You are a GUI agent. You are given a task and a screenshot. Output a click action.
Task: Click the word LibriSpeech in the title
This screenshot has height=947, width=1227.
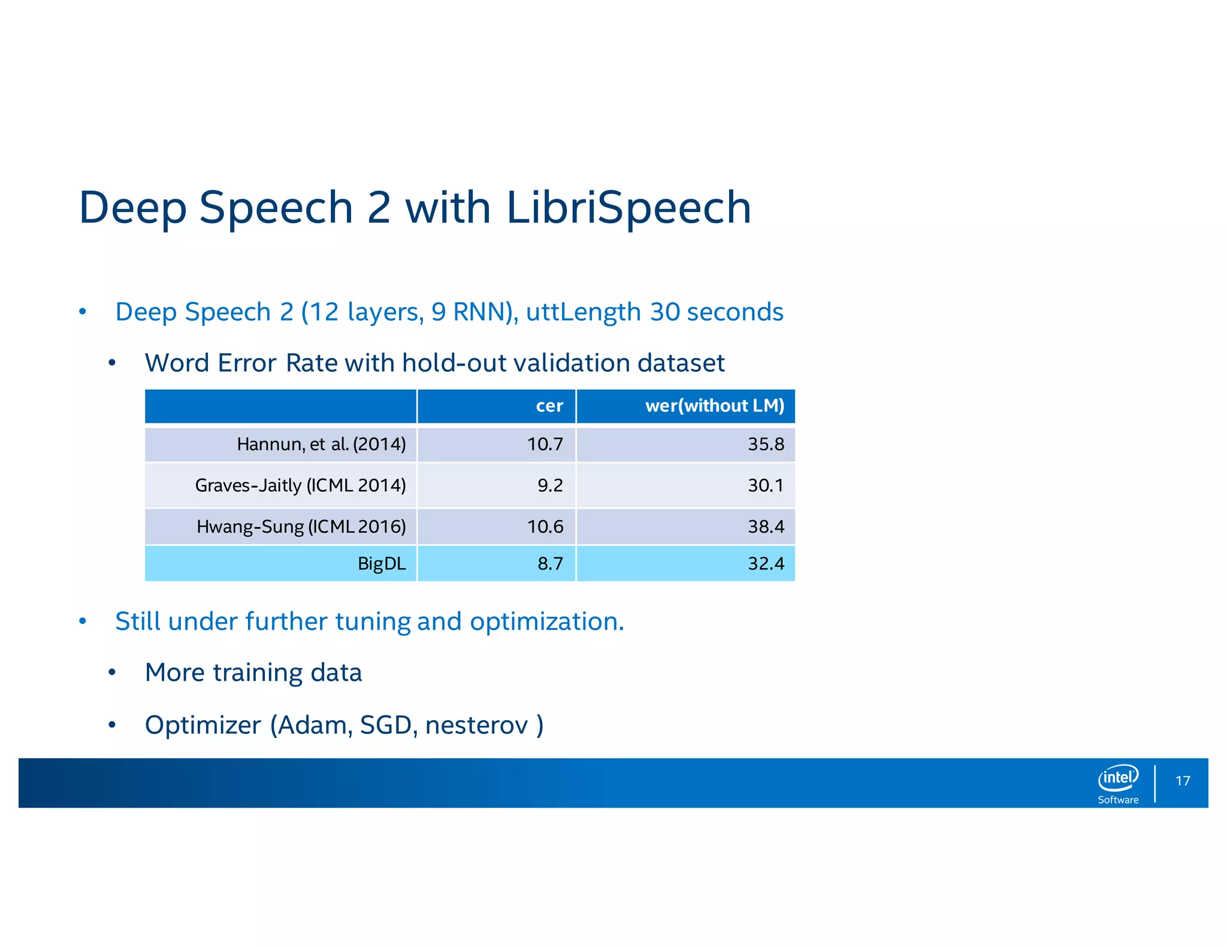628,208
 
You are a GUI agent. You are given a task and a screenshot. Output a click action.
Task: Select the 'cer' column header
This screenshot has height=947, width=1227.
549,406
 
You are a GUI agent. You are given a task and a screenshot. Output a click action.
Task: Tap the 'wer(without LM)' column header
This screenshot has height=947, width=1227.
714,406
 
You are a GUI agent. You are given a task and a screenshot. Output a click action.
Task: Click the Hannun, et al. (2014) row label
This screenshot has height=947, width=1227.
321,444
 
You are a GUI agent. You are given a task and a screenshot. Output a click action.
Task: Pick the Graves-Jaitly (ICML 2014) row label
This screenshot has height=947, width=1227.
300,485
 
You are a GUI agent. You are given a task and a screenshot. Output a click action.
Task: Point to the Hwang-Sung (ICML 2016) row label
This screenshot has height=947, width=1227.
301,527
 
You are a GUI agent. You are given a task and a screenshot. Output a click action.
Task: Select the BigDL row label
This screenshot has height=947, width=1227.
381,563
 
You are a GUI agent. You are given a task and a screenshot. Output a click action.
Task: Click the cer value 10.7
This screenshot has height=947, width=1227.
545,444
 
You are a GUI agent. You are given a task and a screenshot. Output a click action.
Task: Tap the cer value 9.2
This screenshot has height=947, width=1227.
550,485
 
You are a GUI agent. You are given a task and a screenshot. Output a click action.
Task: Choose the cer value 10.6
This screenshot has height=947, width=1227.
545,527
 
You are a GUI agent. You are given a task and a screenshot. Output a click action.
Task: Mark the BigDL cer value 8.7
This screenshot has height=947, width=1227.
550,563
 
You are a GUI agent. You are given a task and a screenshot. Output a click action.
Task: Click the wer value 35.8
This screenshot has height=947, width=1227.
766,444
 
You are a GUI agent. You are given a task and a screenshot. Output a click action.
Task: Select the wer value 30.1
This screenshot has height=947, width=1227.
766,485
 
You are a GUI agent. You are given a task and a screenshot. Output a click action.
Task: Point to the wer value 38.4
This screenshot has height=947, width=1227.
766,527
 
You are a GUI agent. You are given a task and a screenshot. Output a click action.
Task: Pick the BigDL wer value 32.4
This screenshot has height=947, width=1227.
766,563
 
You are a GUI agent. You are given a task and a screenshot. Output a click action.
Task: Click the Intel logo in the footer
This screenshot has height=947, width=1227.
1118,778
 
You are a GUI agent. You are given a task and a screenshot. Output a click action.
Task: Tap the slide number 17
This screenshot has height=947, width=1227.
1182,781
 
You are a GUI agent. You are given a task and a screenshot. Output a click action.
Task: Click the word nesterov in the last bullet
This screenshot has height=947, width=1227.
477,726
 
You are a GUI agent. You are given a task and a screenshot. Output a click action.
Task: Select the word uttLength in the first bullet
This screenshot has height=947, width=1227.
583,312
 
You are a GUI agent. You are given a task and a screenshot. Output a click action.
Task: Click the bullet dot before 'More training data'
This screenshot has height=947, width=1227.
112,673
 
